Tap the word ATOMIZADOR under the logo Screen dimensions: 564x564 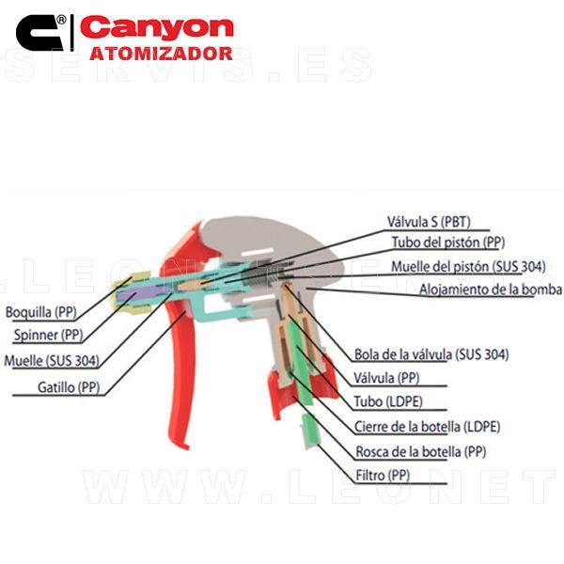pos(161,54)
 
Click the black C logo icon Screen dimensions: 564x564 pos(39,33)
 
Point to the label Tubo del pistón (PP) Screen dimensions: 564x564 pos(448,243)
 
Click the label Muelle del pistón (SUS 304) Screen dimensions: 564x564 pos(467,266)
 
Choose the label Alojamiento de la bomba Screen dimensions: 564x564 pos(490,289)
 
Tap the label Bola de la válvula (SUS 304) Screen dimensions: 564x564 pos(431,354)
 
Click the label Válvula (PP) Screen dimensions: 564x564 pos(385,378)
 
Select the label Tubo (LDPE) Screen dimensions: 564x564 pos(384,401)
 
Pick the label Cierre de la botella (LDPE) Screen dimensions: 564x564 pos(427,426)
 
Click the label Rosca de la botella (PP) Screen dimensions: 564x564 pos(420,450)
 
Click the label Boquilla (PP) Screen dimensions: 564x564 pos(40,312)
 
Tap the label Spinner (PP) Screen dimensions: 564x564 pos(48,335)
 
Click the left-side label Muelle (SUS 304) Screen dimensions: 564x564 pos(53,359)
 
